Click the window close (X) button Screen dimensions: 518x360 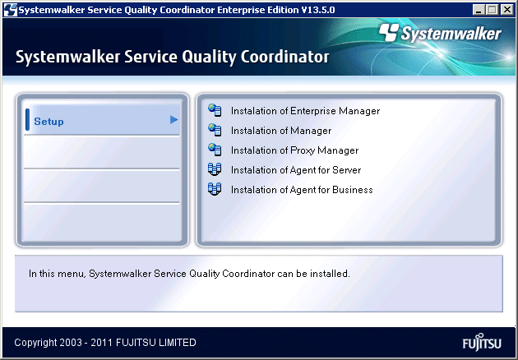pyautogui.click(x=507, y=10)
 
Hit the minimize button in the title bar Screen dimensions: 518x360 pyautogui.click(x=479, y=10)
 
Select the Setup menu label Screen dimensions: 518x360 pyautogui.click(x=49, y=122)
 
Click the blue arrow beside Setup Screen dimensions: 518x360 pyautogui.click(x=173, y=119)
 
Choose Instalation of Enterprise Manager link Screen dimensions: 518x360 pyautogui.click(x=305, y=111)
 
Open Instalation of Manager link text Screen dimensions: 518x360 pyautogui.click(x=281, y=131)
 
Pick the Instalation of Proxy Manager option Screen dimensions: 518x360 pyautogui.click(x=294, y=150)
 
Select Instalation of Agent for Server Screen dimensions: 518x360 pyautogui.click(x=296, y=170)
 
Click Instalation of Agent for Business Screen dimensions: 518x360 pyautogui.click(x=302, y=190)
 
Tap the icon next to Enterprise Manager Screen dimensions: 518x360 pyautogui.click(x=215, y=110)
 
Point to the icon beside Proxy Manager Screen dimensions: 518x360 pyautogui.click(x=215, y=150)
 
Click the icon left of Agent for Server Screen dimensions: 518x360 pyautogui.click(x=215, y=169)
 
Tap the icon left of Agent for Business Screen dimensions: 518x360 pyautogui.click(x=215, y=189)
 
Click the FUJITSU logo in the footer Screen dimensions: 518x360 pyautogui.click(x=482, y=342)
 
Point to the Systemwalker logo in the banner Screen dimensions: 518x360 pyautogui.click(x=440, y=34)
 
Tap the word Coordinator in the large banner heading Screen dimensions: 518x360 pyautogui.click(x=284, y=57)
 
